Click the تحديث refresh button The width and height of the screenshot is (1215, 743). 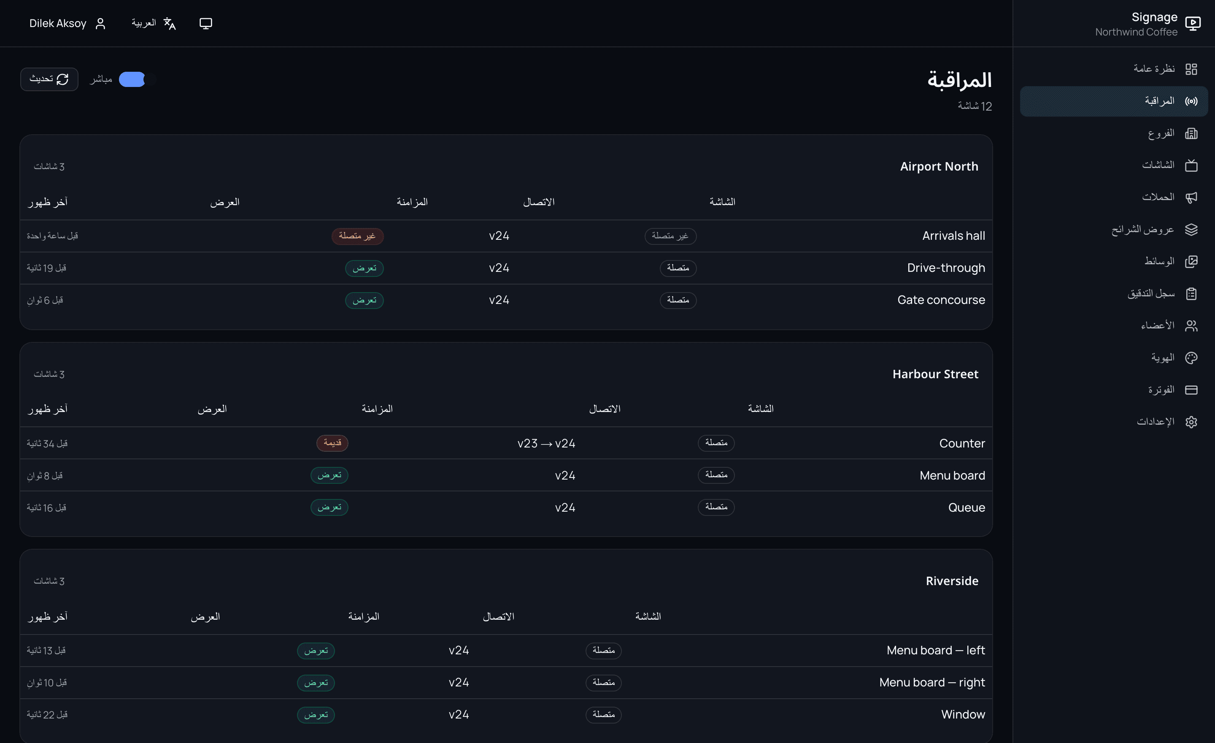tap(49, 79)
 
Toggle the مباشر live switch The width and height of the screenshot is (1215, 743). tap(138, 79)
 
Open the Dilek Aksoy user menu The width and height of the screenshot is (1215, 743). tap(67, 24)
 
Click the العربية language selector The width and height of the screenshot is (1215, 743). tap(154, 23)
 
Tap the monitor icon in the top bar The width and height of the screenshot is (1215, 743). tap(205, 23)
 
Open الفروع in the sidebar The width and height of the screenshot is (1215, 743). tap(1172, 133)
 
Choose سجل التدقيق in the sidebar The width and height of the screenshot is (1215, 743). tap(1162, 293)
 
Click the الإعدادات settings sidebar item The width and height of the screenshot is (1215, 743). tap(1166, 422)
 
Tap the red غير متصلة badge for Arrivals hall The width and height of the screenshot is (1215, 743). tap(357, 236)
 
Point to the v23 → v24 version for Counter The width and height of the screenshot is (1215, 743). tap(546, 444)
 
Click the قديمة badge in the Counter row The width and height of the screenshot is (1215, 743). tap(332, 443)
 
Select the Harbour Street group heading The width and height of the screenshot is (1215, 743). tap(935, 374)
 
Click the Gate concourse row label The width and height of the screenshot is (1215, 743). tap(941, 300)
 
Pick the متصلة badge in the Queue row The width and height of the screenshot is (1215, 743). tap(716, 507)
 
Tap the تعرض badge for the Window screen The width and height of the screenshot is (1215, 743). tap(316, 714)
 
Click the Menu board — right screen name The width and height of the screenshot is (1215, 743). tap(932, 682)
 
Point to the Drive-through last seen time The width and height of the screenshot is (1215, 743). tap(46, 268)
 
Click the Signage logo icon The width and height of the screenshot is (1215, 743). tap(1192, 23)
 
